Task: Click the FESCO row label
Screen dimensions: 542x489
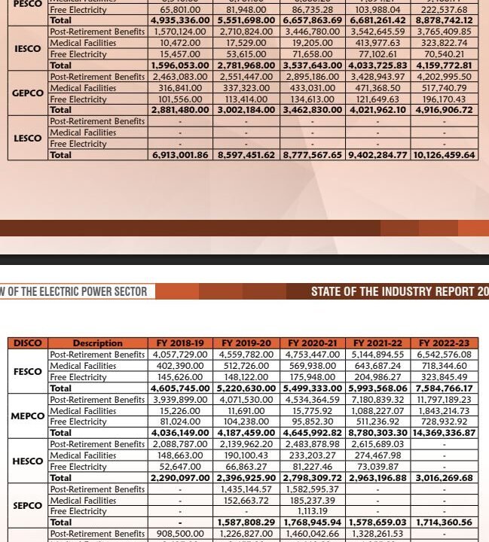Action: tap(28, 371)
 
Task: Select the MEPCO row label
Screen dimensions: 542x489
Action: tap(28, 416)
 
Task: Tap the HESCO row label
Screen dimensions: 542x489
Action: tap(28, 461)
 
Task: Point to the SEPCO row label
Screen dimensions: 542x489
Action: tap(28, 506)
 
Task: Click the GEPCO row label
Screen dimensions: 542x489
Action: tap(28, 93)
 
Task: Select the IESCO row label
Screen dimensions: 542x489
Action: tap(28, 49)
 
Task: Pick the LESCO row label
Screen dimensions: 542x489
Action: tap(28, 139)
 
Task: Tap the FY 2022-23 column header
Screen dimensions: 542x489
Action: tap(444, 343)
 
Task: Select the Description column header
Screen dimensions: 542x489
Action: tap(98, 343)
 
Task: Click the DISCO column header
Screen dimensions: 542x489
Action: tap(28, 343)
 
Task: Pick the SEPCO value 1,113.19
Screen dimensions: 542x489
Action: tap(313, 511)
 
